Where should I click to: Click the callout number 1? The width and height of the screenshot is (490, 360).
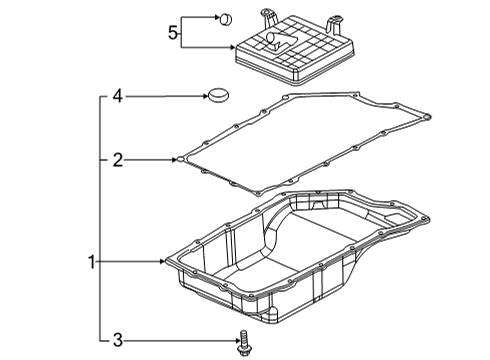91,263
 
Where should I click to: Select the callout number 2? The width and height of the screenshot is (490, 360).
117,159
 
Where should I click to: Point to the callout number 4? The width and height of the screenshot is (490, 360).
117,97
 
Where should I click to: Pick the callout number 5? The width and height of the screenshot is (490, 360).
173,34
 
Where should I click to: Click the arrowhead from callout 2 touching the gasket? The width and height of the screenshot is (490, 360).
178,159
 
